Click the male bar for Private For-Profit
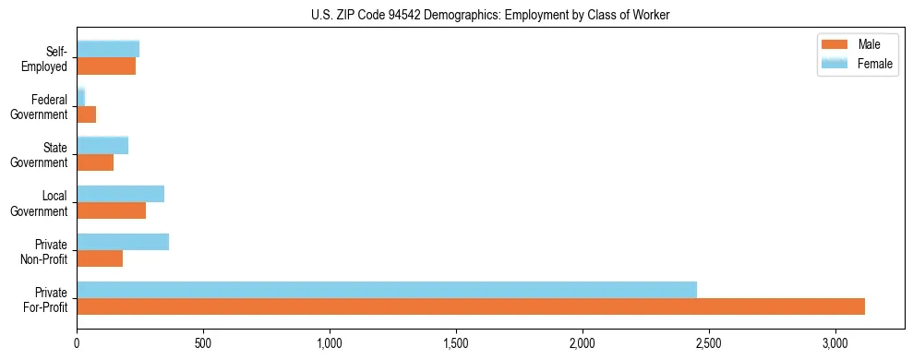[471, 306]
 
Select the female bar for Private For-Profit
[387, 290]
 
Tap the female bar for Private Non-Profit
[123, 242]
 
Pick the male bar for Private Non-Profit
[100, 258]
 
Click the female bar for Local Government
[120, 194]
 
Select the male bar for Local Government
[111, 210]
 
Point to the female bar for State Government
[102, 145]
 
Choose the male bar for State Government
[95, 162]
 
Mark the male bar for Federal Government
[86, 114]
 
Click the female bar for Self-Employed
[108, 49]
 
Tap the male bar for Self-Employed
[106, 66]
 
